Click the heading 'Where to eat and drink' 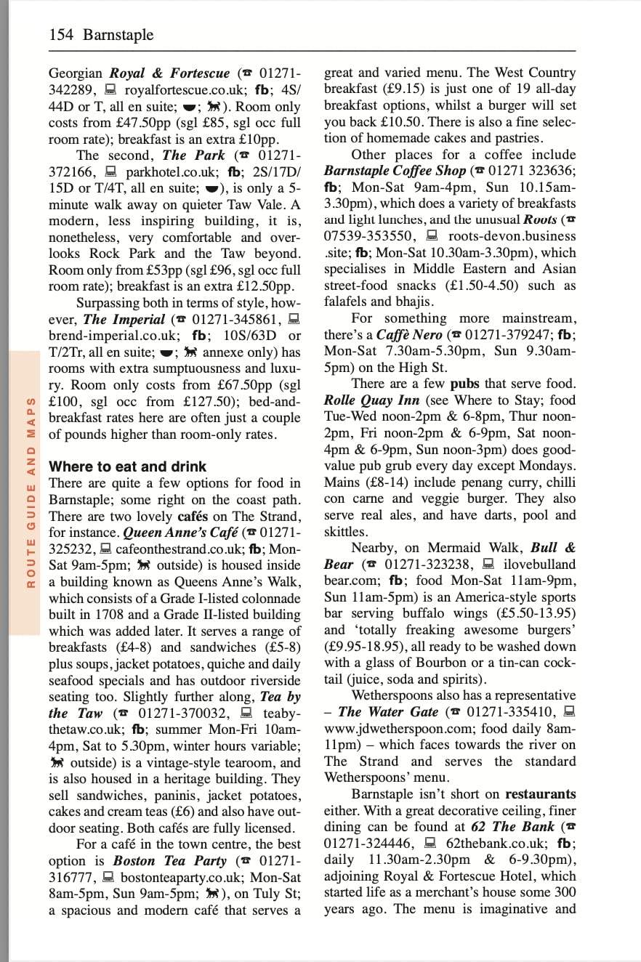click(127, 466)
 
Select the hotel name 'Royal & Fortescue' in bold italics click(169, 73)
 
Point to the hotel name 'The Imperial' click(124, 319)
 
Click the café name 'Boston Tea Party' click(170, 861)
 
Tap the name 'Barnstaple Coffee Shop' click(395, 171)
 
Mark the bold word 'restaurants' click(540, 794)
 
